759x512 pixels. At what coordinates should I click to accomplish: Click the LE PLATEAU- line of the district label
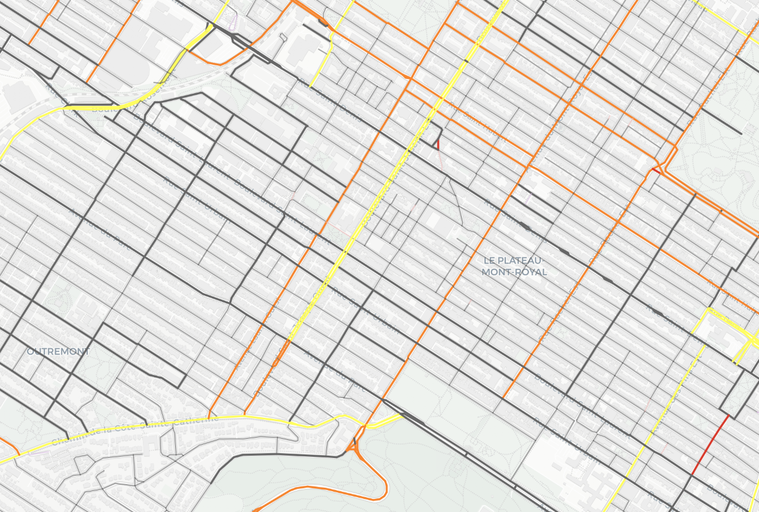[514, 260]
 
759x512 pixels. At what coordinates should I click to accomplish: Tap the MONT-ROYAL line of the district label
[514, 272]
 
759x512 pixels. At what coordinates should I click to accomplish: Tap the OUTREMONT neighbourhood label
[58, 351]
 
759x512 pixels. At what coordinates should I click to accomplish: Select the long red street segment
[710, 444]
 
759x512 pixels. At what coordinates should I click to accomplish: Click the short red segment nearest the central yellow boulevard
[438, 144]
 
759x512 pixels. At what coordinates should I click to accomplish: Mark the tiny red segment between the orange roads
[655, 170]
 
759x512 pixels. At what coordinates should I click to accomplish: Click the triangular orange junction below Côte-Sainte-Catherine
[356, 448]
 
